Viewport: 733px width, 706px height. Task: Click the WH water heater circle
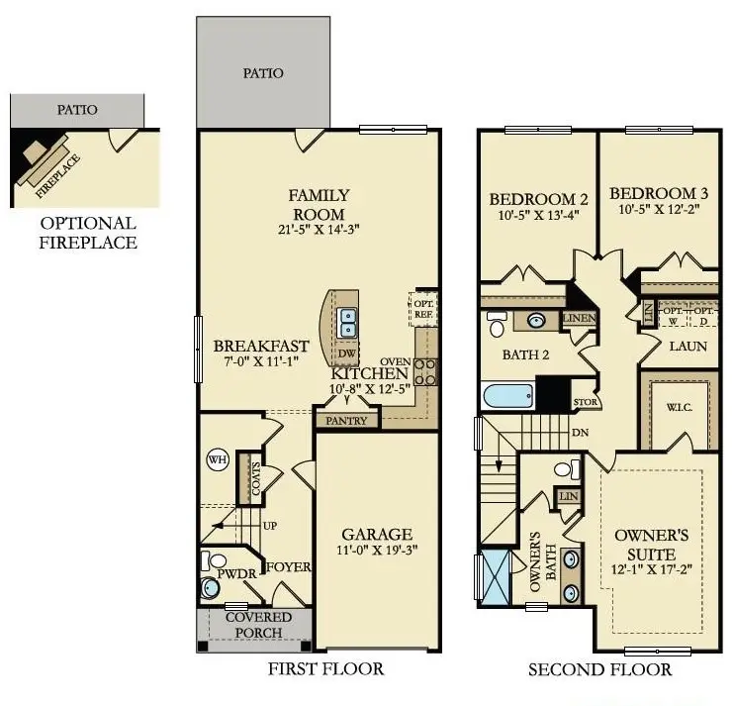[217, 459]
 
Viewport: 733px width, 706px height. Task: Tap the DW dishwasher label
[346, 353]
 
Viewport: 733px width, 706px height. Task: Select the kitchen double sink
[347, 321]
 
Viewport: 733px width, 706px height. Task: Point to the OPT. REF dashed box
[422, 309]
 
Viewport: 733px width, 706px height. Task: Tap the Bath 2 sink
[535, 321]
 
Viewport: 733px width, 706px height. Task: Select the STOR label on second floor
[585, 403]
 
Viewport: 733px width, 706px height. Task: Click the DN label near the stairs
[580, 433]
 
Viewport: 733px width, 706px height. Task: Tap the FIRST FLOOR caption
[325, 669]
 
